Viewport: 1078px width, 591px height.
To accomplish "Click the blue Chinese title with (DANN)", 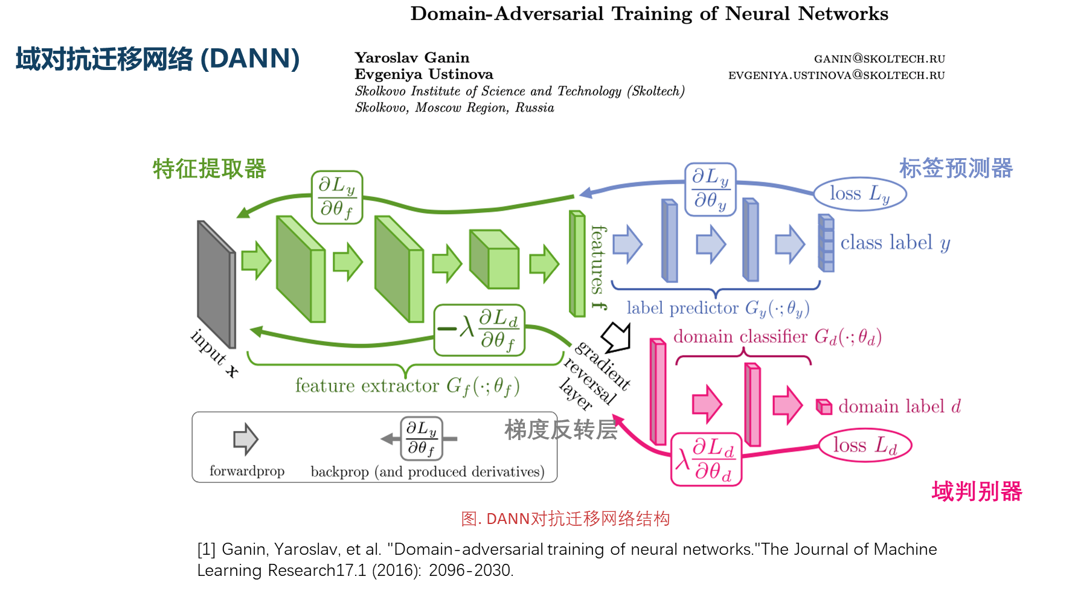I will click(x=157, y=59).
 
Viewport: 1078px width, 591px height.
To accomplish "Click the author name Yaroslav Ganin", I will click(x=411, y=57).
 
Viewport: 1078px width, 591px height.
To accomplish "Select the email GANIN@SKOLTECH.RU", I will click(x=879, y=59).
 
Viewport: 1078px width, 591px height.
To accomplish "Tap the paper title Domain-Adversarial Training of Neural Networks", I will click(x=649, y=14).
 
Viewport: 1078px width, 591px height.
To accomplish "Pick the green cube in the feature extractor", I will click(x=494, y=260).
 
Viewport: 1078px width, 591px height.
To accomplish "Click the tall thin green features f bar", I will click(x=577, y=264).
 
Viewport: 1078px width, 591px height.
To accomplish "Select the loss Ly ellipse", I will click(x=859, y=194).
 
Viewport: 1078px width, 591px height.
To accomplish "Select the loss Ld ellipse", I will click(x=864, y=446).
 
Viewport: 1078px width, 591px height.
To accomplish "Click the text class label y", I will click(x=895, y=243).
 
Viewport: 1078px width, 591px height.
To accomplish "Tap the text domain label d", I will click(x=899, y=406).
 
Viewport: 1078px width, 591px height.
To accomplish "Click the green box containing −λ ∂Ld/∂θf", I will click(x=479, y=330).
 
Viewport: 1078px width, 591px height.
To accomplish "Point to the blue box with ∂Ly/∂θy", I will click(x=710, y=189).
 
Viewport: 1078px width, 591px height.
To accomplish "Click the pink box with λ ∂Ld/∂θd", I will click(x=706, y=459).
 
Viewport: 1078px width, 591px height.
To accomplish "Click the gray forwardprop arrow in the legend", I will click(x=245, y=439).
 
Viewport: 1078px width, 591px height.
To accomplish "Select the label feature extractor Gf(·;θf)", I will click(x=406, y=386).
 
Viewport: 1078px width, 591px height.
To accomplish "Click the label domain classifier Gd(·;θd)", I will click(x=777, y=336).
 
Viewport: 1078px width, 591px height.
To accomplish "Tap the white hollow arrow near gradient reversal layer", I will click(x=617, y=337).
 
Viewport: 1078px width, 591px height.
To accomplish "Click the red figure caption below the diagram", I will click(x=565, y=519).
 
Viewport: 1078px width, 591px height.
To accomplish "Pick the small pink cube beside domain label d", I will click(x=824, y=407).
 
